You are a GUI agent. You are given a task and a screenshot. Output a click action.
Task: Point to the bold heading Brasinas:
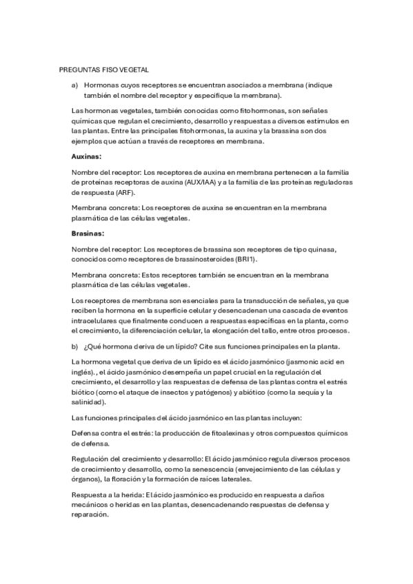pos(88,233)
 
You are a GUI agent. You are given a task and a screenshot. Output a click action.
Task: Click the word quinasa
pos(320,248)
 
